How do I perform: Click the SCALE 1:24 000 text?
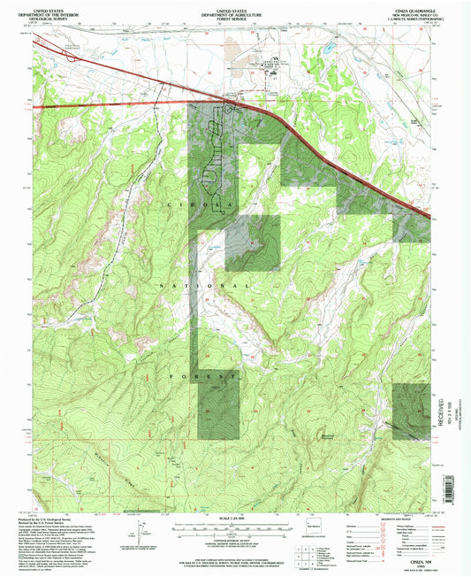click(235, 519)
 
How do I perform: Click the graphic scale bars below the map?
click(235, 528)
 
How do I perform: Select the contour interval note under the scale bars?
click(235, 542)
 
